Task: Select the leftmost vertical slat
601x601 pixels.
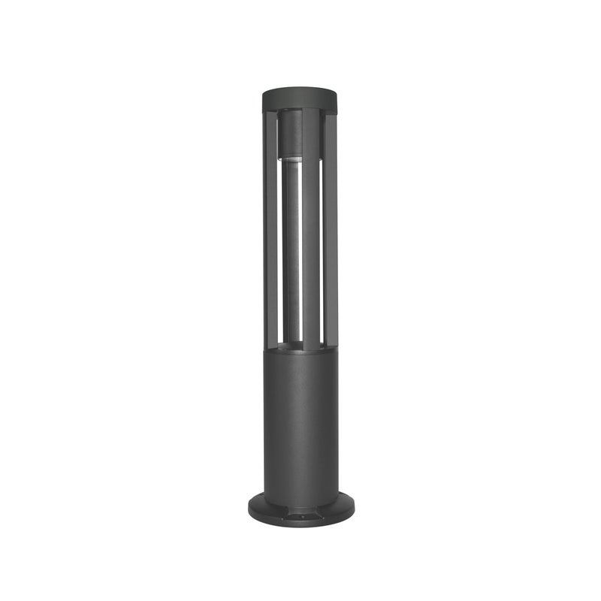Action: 270,225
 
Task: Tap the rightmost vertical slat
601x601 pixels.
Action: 331,225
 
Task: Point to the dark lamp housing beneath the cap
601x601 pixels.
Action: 290,135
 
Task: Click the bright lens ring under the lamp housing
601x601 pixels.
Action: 290,158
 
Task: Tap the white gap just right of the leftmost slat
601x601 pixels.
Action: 279,248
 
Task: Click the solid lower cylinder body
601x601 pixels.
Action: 300,421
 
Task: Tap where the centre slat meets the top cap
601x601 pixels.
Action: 311,111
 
